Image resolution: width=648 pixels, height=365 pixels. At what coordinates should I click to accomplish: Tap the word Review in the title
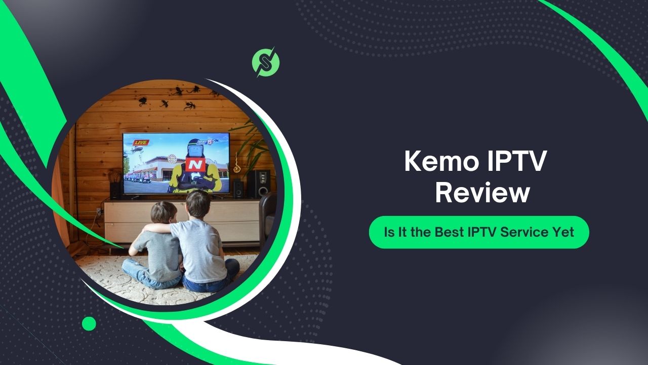pyautogui.click(x=482, y=194)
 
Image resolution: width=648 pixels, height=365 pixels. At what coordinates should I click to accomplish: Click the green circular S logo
pyautogui.click(x=266, y=61)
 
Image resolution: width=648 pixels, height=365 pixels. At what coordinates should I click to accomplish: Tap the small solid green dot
pyautogui.click(x=89, y=323)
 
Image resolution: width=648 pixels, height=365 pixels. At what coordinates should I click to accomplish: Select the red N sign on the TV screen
pyautogui.click(x=194, y=165)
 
